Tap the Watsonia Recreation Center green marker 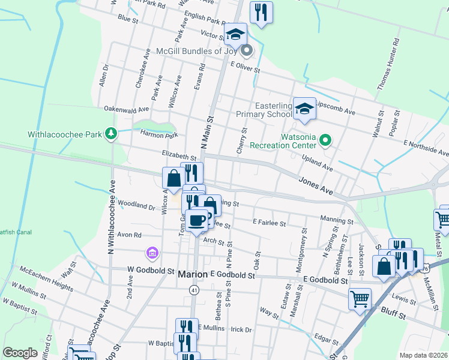pos(325,141)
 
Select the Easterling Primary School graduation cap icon pos(304,108)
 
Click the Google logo pos(20,353)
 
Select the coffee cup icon pos(196,220)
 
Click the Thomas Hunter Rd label pos(387,65)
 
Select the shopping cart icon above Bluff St pos(360,298)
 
